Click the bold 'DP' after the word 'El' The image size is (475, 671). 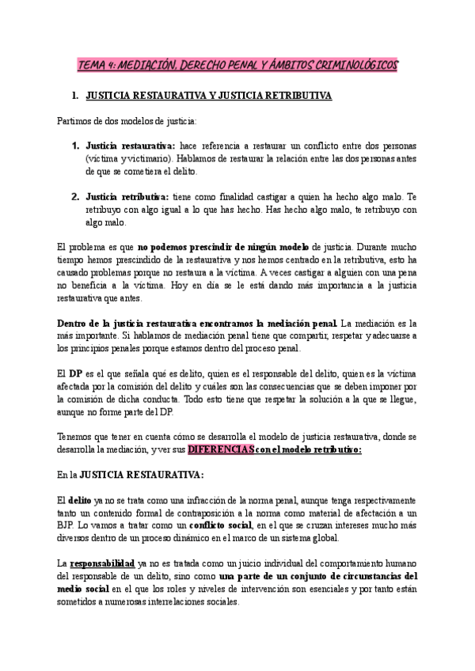[76, 373]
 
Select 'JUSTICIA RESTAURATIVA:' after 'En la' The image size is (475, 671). [150, 475]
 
